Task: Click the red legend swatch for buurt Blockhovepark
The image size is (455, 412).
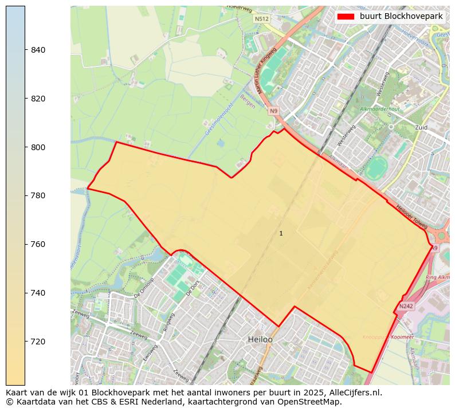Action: click(x=346, y=17)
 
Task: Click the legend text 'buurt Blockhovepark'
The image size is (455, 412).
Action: click(x=401, y=17)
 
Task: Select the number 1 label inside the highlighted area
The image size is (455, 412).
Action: click(x=281, y=233)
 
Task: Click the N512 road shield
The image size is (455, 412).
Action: click(x=261, y=19)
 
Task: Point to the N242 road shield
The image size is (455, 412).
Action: click(x=406, y=307)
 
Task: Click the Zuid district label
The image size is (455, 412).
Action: click(x=421, y=127)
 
